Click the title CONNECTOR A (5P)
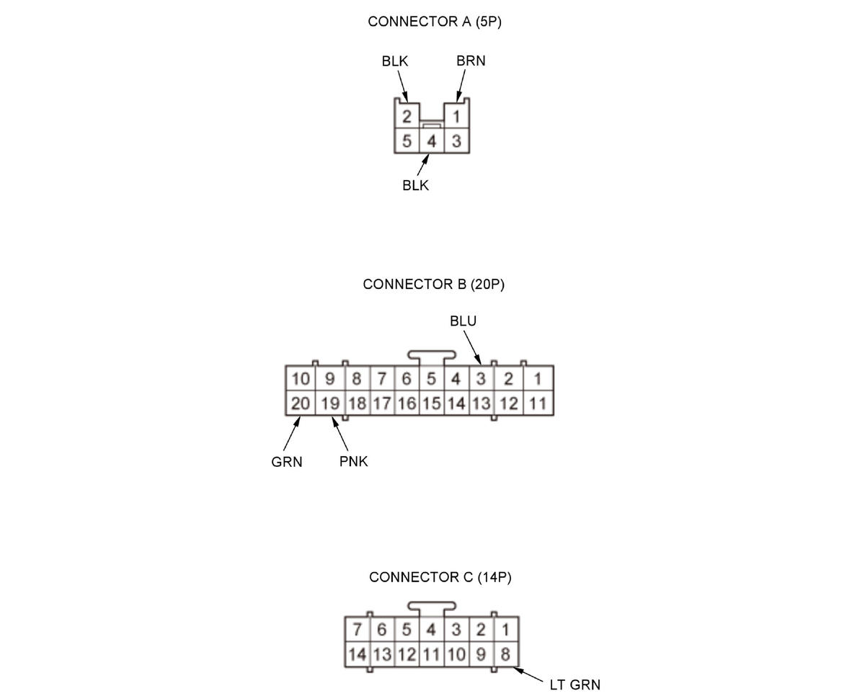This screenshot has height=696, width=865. [x=434, y=22]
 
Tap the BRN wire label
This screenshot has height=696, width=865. [x=471, y=61]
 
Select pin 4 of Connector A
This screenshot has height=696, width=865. [x=431, y=141]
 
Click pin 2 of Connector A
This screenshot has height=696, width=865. [x=407, y=117]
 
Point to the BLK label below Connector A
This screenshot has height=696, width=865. [x=415, y=186]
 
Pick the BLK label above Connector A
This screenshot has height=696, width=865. [x=395, y=61]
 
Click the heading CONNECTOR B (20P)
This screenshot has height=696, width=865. [x=434, y=285]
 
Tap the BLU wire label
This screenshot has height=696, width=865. [x=463, y=321]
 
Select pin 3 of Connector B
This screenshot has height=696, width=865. [x=481, y=379]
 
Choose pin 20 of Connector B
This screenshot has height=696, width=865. [x=301, y=403]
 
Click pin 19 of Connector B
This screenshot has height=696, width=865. [x=330, y=403]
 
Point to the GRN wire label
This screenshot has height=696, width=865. [x=287, y=462]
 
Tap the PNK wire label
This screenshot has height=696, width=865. [x=353, y=462]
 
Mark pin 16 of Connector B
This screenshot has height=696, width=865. [x=407, y=403]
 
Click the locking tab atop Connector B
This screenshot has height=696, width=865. [x=431, y=354]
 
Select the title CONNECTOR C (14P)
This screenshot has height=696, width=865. [x=440, y=577]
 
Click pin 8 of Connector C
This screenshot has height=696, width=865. [x=505, y=655]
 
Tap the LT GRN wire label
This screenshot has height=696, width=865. [x=575, y=684]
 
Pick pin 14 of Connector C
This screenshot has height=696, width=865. [x=358, y=655]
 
